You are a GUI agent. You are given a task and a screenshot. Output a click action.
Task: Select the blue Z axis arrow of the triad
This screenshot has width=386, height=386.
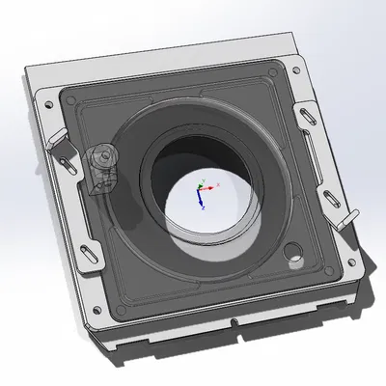coord(202,203)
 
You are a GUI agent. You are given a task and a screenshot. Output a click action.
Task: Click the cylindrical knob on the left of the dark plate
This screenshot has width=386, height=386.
coord(100,160)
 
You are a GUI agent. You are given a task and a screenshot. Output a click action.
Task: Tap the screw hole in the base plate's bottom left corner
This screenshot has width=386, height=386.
coord(96,311)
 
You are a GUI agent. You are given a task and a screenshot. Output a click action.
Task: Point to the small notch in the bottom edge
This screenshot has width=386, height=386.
coord(234,322)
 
